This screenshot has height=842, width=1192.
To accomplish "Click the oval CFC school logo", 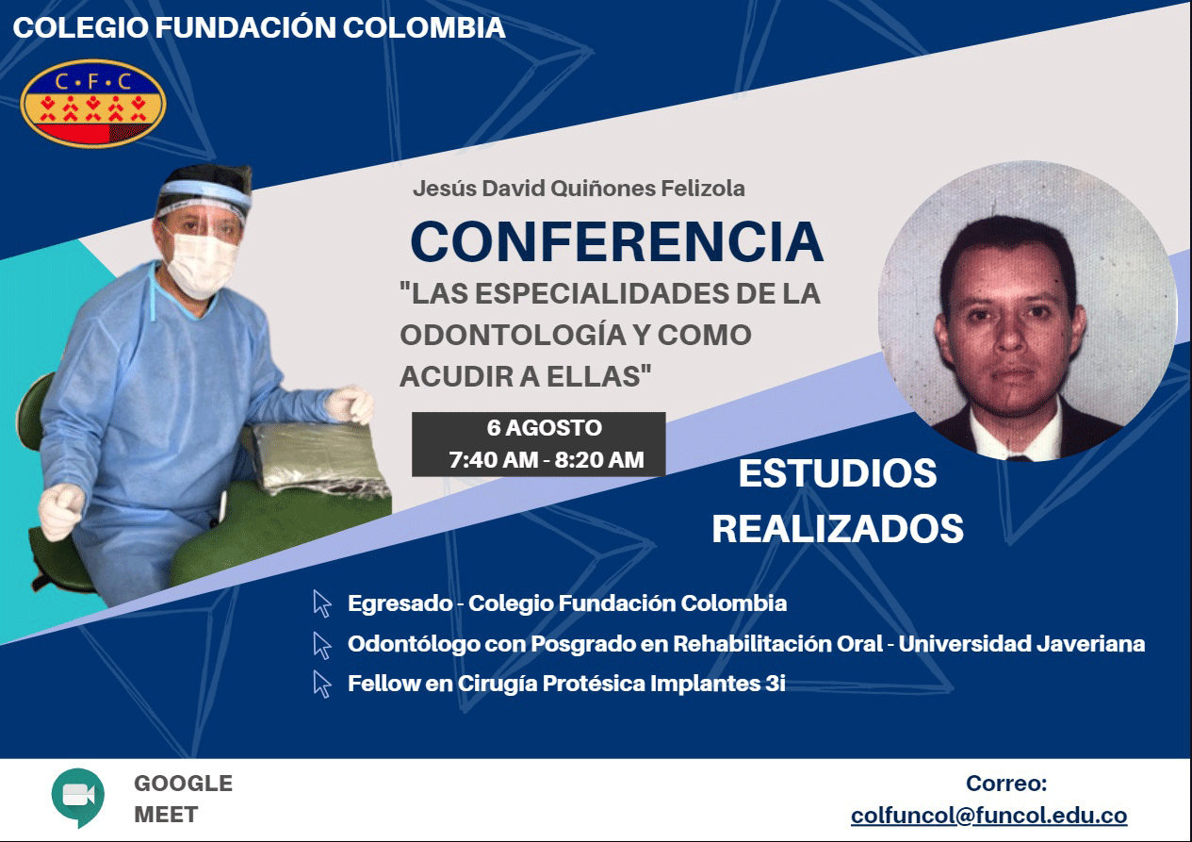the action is [93, 104].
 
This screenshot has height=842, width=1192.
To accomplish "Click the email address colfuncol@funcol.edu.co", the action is [988, 816].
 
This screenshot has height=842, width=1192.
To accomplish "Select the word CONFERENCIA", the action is [617, 241].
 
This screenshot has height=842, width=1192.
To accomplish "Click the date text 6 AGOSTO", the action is [545, 428].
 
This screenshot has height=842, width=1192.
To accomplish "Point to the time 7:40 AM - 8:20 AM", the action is [547, 459].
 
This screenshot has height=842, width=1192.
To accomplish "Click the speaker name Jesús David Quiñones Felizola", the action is [579, 189].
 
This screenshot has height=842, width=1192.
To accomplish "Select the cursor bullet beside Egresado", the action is [322, 604].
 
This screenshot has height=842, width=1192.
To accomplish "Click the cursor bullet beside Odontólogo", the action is [322, 645].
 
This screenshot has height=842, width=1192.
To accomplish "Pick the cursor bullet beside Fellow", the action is [322, 684].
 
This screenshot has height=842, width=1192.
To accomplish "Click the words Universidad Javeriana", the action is [1021, 643].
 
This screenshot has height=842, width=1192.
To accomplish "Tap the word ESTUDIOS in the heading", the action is [838, 473].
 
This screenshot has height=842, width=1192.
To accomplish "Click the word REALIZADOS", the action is [838, 528].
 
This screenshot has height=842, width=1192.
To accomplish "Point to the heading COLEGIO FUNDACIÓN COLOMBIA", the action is [258, 27].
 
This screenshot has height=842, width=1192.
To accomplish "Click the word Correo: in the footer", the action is [1006, 783].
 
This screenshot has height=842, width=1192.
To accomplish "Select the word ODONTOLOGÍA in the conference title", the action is [523, 335].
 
